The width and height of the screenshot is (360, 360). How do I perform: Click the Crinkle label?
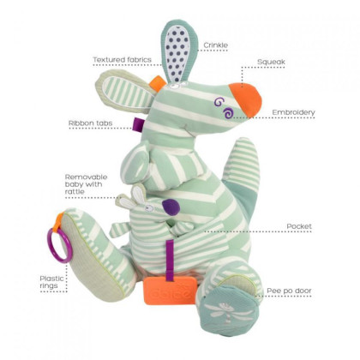coord(216,45)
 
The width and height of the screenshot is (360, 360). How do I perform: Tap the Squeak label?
coord(271,62)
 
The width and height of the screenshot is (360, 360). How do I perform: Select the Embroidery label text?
coord(293,112)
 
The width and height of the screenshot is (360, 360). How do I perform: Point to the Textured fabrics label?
coord(122,60)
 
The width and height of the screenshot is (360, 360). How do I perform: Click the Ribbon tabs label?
coord(90,123)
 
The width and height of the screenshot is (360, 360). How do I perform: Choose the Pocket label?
coord(299,226)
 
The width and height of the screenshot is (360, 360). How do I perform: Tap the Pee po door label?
coord(289,291)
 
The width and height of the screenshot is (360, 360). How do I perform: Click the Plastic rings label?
coord(51,282)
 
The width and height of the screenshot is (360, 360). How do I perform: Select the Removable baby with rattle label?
coord(86,184)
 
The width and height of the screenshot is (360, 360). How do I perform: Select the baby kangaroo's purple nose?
coord(171,207)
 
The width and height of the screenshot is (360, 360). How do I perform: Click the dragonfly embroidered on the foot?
coord(227,312)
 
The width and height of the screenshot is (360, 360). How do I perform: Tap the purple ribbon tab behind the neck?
coord(140,124)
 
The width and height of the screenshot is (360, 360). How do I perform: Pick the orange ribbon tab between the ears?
coord(157,83)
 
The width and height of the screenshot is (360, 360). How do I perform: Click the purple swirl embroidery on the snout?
coord(225,108)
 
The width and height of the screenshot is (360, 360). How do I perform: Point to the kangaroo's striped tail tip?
coord(244,146)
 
